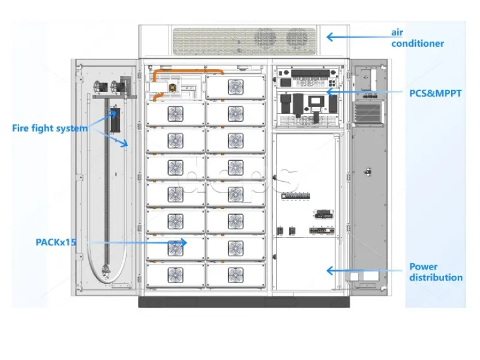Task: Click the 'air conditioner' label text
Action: [418, 37]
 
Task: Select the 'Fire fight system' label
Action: [49, 128]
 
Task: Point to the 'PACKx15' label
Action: [53, 242]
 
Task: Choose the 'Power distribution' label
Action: [436, 272]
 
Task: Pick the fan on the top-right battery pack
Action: [235, 86]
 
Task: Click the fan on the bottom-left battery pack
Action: [175, 274]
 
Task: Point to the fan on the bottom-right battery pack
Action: [235, 274]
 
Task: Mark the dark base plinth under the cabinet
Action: [244, 301]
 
